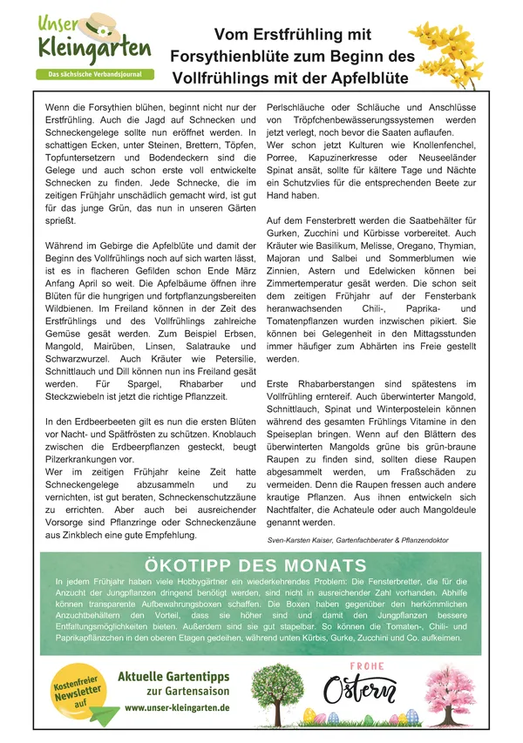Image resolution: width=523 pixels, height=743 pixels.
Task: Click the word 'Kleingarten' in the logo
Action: point(93,48)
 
